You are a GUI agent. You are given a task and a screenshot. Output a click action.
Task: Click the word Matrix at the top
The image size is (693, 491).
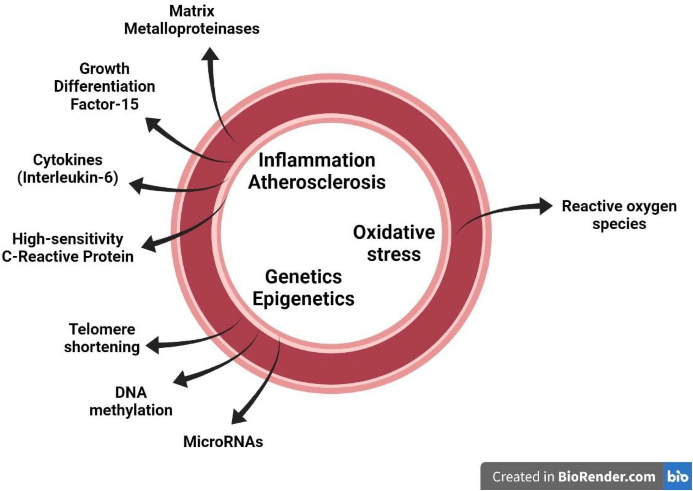tap(192, 11)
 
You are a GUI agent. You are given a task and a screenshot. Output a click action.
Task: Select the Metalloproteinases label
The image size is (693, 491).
tap(192, 29)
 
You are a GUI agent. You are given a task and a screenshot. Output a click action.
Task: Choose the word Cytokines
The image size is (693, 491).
tap(68, 160)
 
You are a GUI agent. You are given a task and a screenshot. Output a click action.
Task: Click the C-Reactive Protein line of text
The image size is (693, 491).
tap(68, 257)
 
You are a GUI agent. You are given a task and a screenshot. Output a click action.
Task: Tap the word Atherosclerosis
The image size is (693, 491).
tap(317, 182)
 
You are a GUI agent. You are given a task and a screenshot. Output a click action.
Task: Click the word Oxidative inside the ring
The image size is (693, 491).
tap(394, 233)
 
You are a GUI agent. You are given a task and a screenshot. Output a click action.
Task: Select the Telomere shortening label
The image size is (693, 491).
tap(102, 338)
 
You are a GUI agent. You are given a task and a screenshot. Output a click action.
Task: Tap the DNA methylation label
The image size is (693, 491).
tap(131, 401)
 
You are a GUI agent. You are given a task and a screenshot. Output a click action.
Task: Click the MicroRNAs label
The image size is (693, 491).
tap(223, 442)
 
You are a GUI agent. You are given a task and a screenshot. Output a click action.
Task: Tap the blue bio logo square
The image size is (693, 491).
tap(678, 476)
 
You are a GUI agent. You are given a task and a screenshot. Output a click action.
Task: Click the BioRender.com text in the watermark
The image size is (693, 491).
tap(606, 477)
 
